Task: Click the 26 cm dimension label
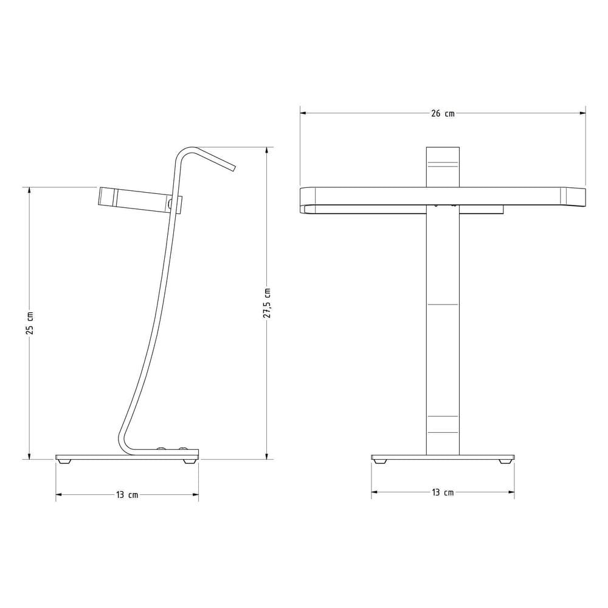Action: (443, 114)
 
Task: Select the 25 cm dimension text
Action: (30, 323)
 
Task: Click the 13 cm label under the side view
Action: (127, 495)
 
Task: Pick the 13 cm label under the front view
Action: (443, 492)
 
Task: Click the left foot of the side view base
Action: (64, 461)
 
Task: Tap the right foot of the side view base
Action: (190, 461)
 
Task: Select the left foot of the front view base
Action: (380, 461)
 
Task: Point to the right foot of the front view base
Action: (505, 461)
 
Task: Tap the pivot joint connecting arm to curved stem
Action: (171, 204)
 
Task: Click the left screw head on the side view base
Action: (161, 450)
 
